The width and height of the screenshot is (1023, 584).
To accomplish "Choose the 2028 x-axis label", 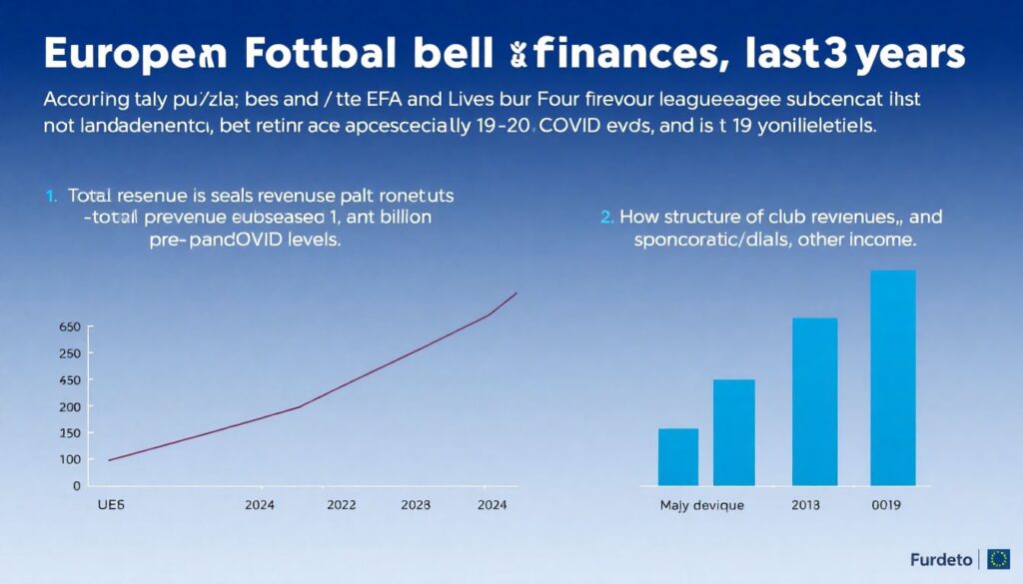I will click(x=415, y=506).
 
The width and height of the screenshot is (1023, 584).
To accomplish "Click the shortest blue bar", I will click(x=678, y=456).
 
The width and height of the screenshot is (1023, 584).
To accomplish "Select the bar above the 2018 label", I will click(x=815, y=401).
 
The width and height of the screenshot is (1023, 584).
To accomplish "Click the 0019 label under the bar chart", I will click(x=885, y=506).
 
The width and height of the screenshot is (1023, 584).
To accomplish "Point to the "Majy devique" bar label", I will click(x=702, y=506).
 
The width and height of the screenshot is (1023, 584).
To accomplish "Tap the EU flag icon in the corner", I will click(x=997, y=558).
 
